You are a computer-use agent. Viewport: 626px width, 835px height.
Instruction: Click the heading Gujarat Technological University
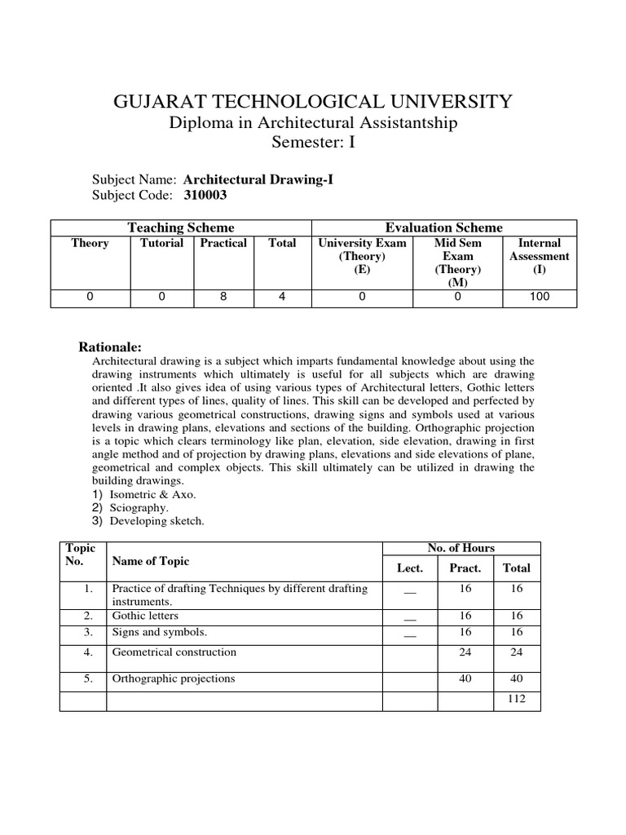point(313,101)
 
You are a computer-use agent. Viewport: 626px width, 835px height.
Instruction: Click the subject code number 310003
point(205,196)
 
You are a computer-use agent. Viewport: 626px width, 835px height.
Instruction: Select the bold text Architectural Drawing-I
point(258,179)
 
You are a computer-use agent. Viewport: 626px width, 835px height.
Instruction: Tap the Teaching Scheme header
point(180,228)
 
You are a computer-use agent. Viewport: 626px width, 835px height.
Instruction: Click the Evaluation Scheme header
point(443,228)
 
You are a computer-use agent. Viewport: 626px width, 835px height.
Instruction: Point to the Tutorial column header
point(161,243)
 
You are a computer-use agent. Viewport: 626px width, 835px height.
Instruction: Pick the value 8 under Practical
point(223,297)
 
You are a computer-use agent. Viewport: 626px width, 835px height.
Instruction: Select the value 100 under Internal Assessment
point(539,297)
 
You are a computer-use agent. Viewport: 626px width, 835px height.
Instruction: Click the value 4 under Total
point(282,297)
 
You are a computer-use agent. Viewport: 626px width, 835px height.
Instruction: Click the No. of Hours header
point(461,548)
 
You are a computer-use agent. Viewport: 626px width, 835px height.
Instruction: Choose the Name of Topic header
point(150,561)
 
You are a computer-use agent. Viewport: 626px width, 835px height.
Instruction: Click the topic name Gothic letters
point(145,616)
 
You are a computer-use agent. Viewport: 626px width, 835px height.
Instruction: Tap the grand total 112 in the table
point(517,699)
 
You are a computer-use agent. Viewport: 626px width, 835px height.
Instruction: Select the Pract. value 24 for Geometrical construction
point(465,652)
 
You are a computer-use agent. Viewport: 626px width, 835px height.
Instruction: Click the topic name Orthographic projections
point(173,678)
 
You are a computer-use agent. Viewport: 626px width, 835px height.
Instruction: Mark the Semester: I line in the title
point(313,143)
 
